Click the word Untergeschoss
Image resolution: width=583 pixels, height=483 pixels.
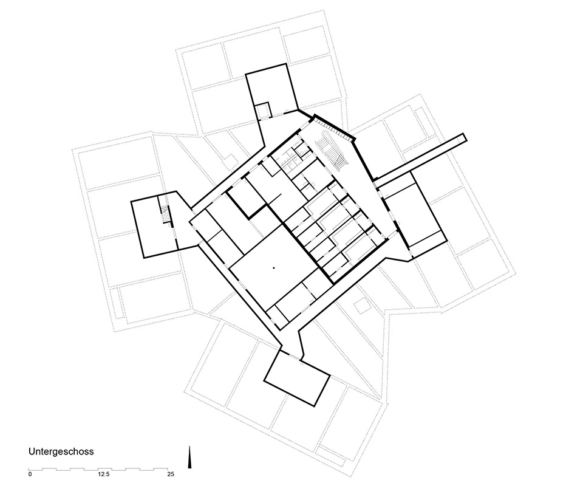point(61,452)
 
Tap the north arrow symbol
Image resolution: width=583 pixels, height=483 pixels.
point(189,457)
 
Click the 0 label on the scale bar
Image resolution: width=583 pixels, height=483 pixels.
point(30,474)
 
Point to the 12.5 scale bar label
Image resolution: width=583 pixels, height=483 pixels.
point(103,474)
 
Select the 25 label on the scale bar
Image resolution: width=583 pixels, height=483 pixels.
point(171,474)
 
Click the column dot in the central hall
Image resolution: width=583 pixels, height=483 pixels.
point(273,267)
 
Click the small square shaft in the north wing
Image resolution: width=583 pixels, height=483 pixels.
point(263,111)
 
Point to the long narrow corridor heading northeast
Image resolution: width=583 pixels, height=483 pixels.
point(420,158)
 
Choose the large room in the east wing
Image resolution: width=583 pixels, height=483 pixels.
point(414,214)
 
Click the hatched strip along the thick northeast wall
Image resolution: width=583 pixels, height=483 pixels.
point(332,127)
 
